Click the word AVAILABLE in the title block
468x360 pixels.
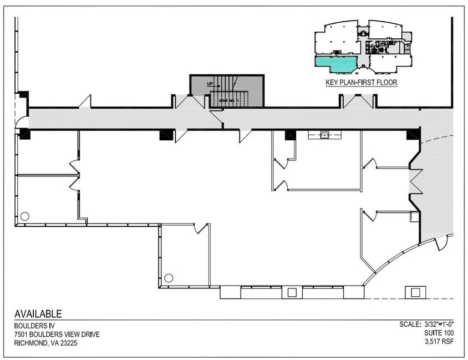pos(38,314)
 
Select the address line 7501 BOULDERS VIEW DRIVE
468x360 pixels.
pos(57,334)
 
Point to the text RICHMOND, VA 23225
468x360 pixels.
pos(46,343)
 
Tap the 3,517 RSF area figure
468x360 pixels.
pos(439,342)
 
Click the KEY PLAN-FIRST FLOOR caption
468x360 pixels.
pos(361,83)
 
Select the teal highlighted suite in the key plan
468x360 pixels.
pos(337,63)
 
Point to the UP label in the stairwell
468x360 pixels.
pos(210,84)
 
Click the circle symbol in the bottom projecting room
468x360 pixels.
pos(169,277)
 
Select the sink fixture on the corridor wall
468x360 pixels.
pos(324,135)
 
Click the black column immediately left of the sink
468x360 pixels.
pos(290,135)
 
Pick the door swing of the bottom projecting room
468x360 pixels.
pos(201,228)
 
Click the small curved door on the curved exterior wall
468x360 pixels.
pos(441,242)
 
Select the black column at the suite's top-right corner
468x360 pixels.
pos(413,134)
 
